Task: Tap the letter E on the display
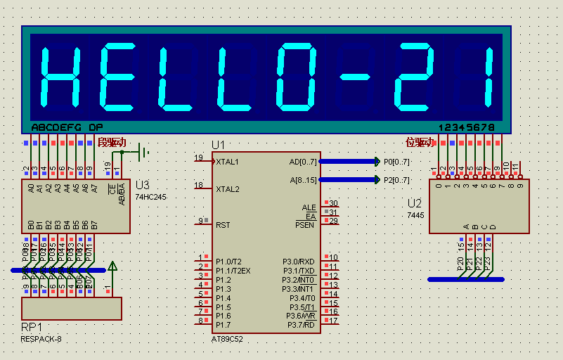coord(118,77)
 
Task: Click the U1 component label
coord(219,145)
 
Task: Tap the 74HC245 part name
coord(151,197)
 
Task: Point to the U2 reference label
coord(415,203)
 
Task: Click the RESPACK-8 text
coord(41,340)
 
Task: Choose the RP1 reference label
coord(32,328)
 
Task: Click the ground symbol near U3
coord(143,151)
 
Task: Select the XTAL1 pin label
coord(228,162)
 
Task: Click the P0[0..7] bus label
coord(396,161)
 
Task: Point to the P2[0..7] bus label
coord(396,180)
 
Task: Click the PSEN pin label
coord(306,225)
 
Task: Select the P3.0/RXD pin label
coord(298,262)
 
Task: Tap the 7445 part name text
coord(417,214)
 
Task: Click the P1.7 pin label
coord(224,325)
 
